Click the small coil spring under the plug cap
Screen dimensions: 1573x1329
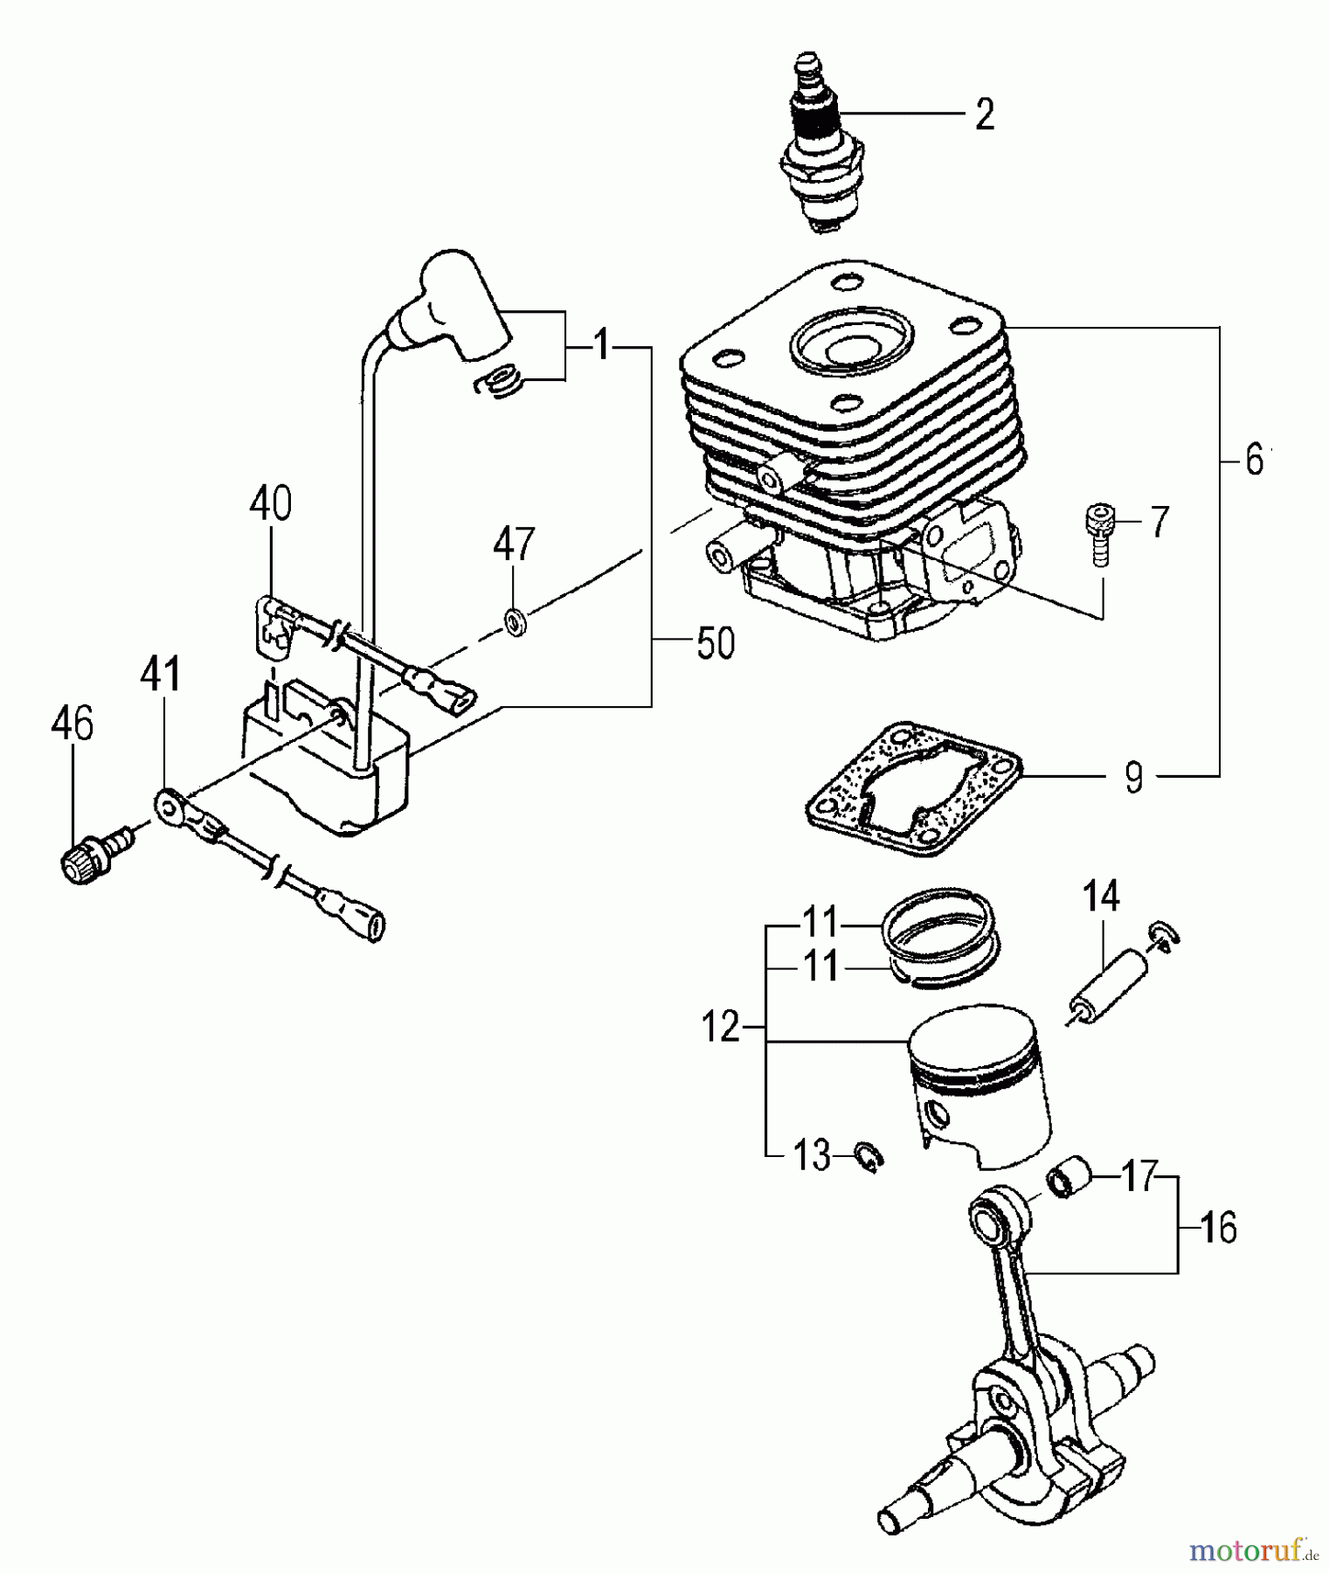501,382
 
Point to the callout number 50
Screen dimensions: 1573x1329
715,644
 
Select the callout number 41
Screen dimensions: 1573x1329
162,676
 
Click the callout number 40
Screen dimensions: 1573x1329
270,505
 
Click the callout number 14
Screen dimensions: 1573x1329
1101,896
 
